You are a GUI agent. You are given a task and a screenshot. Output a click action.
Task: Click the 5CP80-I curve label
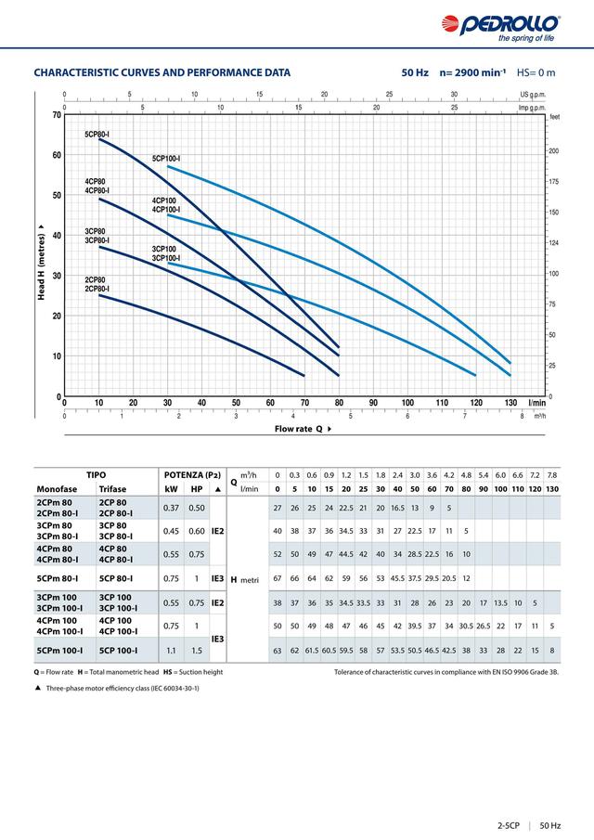coord(97,136)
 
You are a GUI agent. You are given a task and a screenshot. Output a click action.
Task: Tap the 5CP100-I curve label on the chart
coord(166,160)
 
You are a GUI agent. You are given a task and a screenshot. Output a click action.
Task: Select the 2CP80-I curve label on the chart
coord(97,289)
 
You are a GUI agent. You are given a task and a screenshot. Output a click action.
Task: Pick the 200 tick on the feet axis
coord(554,150)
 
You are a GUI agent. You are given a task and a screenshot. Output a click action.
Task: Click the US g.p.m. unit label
coord(536,95)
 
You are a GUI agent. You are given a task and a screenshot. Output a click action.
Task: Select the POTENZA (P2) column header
coord(191,474)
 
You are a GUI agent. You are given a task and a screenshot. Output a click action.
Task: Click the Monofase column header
coord(57,488)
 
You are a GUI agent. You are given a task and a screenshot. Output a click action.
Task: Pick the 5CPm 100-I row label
coord(59,651)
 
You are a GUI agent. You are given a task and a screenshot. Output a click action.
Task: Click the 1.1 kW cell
coord(171,651)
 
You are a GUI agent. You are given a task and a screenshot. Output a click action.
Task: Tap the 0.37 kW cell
coord(171,508)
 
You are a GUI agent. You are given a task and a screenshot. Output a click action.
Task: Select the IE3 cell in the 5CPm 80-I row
coord(217,578)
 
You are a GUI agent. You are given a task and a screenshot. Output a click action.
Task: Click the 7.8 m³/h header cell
coord(552,474)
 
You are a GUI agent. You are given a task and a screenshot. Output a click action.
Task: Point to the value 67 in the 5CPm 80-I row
coord(278,577)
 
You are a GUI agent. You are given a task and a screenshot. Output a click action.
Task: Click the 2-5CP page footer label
coord(507,825)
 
